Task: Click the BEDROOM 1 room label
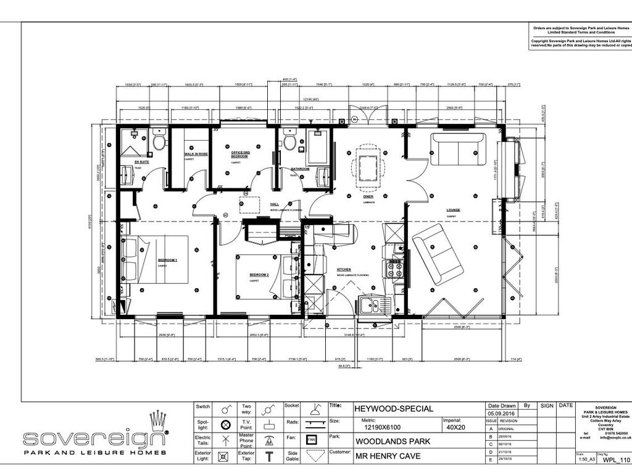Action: (x=167, y=260)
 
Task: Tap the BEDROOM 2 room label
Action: (x=259, y=274)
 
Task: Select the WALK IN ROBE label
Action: (x=196, y=154)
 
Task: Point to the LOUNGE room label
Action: (x=454, y=210)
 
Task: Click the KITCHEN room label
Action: (x=344, y=270)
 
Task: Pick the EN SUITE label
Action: (x=142, y=162)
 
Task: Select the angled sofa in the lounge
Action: (x=438, y=254)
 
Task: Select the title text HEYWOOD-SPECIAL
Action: (x=394, y=409)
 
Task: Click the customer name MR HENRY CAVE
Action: (x=386, y=457)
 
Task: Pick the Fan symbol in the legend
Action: (x=312, y=440)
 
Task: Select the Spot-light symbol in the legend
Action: (x=225, y=424)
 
